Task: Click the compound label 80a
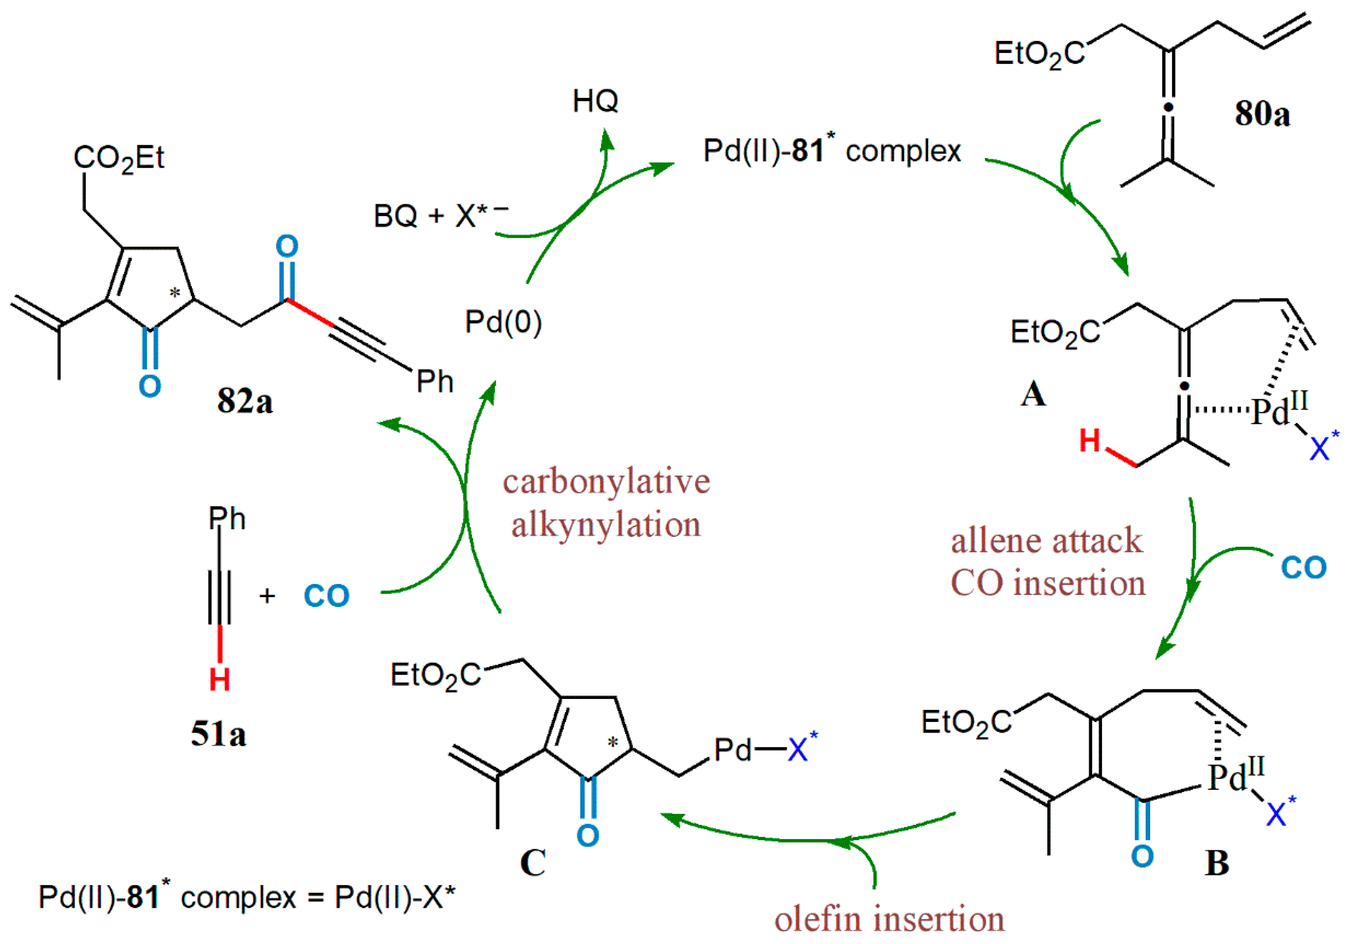(x=1262, y=113)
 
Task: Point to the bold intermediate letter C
(x=533, y=863)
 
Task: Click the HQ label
(x=595, y=101)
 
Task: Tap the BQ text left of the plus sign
(x=395, y=216)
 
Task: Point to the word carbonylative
(x=606, y=481)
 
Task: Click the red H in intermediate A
(x=1090, y=440)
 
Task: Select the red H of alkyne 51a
(x=220, y=680)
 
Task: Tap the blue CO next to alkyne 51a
(x=327, y=596)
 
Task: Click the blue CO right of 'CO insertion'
(x=1304, y=567)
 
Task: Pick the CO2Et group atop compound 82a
(x=119, y=158)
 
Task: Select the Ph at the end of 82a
(x=435, y=381)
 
